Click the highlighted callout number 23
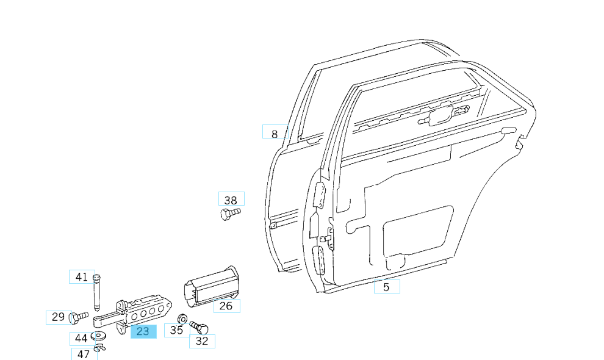[143, 331]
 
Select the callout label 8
[275, 134]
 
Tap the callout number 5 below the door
[386, 286]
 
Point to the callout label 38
[231, 200]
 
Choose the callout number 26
[226, 306]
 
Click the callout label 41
[82, 277]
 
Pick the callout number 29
[59, 317]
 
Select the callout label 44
[81, 337]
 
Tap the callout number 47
[84, 353]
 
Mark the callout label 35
[176, 330]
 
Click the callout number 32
[202, 341]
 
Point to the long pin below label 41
[96, 293]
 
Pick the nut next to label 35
[181, 319]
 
